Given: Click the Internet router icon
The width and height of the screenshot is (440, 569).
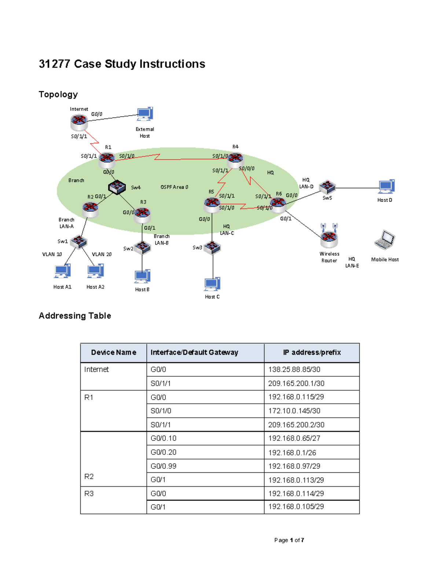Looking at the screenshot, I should pos(79,121).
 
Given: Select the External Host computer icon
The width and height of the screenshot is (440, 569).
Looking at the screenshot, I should pos(145,114).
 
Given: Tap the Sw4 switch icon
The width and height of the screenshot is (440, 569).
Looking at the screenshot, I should pos(117,187).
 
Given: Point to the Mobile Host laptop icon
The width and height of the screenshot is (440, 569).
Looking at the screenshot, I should pos(384,240).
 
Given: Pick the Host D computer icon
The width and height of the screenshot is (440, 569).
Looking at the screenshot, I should pos(386,186).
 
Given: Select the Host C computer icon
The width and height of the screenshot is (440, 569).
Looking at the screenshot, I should pos(212,284).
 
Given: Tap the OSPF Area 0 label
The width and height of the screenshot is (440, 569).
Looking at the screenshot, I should pos(174,187).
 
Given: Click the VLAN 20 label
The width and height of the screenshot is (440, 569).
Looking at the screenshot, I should pos(102,254).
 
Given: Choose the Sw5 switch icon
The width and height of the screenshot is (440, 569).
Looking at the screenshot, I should pos(327,187).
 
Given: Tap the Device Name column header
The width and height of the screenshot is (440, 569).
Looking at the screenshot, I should pos(113,352).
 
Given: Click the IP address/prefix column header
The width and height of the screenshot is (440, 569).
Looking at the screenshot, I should pos(312,352).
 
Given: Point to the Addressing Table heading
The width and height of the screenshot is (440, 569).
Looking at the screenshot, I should pos(75,316).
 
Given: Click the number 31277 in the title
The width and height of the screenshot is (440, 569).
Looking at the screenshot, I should pos(54,64).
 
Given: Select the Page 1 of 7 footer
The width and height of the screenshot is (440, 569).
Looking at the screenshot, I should pos(289,540).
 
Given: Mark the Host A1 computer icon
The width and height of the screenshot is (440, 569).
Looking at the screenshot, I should pos(62,271).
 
